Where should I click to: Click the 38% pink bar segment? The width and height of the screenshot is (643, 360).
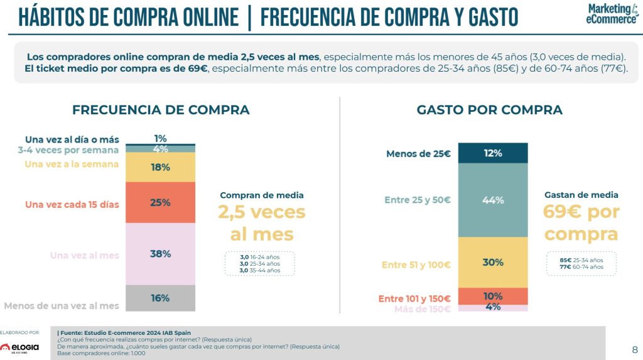coord(160,254)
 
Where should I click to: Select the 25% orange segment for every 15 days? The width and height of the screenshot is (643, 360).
coord(160,202)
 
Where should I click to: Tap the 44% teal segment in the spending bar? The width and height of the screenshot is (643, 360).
coord(493,200)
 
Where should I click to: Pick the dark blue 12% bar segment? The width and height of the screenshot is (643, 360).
coord(493,153)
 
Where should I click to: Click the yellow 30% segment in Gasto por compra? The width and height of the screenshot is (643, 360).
coord(493,262)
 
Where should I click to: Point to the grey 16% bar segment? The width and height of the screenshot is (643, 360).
coord(160,298)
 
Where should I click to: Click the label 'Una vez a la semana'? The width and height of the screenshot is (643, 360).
coord(72,165)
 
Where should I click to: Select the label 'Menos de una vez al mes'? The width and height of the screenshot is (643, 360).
coord(62,306)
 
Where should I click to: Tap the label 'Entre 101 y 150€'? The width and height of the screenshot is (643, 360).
coord(414,298)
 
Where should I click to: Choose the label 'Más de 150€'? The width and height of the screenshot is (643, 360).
coord(422,308)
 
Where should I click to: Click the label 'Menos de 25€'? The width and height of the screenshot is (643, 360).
coord(419,153)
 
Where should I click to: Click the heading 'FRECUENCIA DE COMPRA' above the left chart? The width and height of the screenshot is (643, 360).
coord(161,110)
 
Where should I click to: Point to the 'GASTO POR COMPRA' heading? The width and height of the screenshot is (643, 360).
coord(490,110)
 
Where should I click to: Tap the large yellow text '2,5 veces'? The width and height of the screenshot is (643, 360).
coord(262,212)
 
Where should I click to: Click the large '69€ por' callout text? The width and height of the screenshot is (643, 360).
coord(581,212)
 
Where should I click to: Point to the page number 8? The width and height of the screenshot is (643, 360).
coord(634,350)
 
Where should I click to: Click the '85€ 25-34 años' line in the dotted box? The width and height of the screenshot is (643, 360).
coord(580,260)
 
